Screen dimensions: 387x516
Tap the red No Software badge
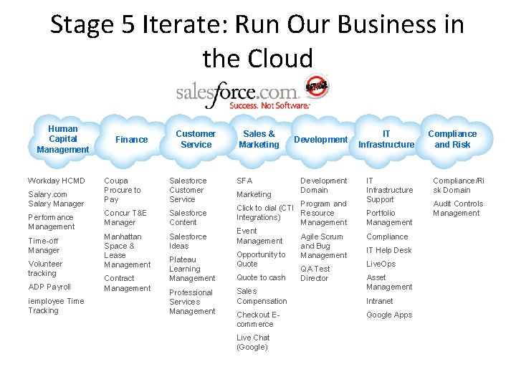pos(316,87)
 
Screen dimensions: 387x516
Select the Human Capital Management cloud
pos(63,139)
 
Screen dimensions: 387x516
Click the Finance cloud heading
pos(132,140)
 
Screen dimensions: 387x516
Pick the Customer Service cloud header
pos(196,139)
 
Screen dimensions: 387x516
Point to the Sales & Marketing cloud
pos(259,139)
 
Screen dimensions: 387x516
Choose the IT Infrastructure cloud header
pos(386,139)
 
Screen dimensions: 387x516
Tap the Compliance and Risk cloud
pos(452,139)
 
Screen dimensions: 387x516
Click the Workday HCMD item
pos(56,181)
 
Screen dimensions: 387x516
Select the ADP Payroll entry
pos(49,287)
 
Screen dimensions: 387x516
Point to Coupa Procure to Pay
pos(123,190)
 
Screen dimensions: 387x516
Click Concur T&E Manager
pos(125,218)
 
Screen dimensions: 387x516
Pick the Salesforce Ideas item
pos(188,241)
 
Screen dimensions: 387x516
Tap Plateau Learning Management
pos(192,269)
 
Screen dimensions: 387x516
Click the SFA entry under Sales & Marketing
pos(244,181)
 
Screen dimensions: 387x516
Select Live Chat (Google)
pos(252,343)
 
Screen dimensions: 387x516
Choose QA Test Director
pos(315,273)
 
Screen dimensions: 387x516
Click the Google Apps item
pos(389,315)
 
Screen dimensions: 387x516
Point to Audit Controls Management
pos(458,208)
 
